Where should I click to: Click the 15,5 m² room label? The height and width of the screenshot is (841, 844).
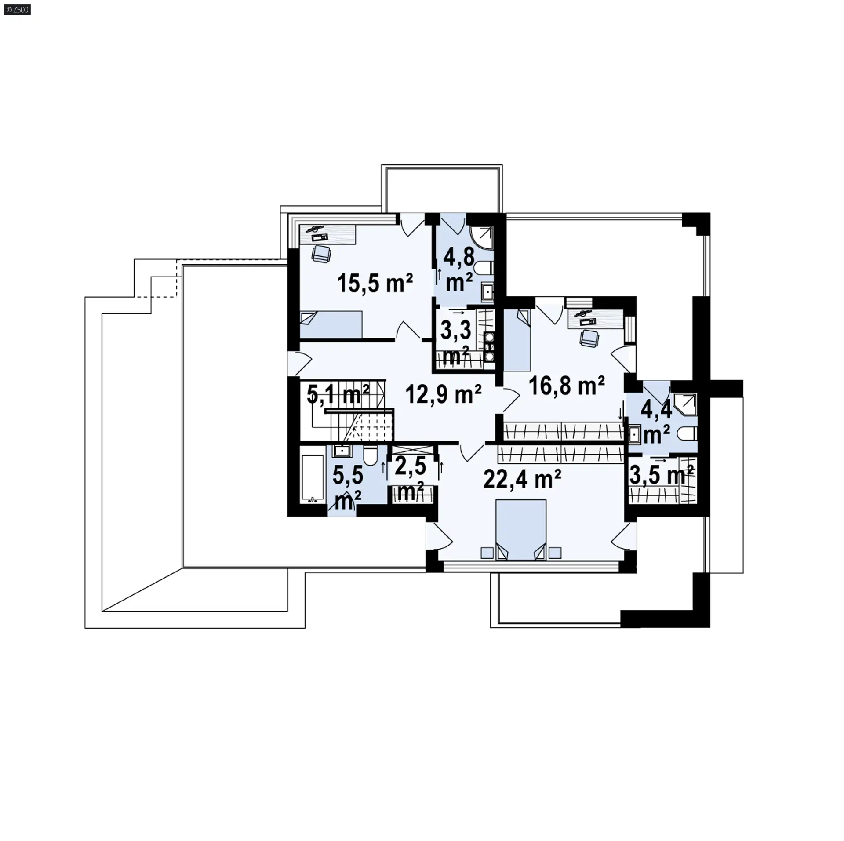(375, 283)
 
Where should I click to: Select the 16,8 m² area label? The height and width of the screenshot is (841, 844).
(566, 386)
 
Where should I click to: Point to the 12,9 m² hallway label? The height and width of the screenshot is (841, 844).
(443, 393)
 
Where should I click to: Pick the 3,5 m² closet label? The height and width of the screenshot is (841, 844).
(662, 475)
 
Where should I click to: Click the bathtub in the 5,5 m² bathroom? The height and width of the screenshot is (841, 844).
(313, 478)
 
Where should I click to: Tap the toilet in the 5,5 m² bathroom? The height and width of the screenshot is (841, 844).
(370, 456)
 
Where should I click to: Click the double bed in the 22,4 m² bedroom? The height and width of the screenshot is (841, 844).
(521, 529)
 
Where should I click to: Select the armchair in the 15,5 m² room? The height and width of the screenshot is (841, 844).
(320, 254)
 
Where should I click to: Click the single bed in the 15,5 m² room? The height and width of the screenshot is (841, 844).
(331, 324)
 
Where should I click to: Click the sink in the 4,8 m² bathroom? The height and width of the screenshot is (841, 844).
(487, 292)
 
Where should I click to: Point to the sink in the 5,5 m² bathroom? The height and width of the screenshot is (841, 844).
(341, 451)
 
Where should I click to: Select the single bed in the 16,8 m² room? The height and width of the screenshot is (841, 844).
(517, 340)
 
